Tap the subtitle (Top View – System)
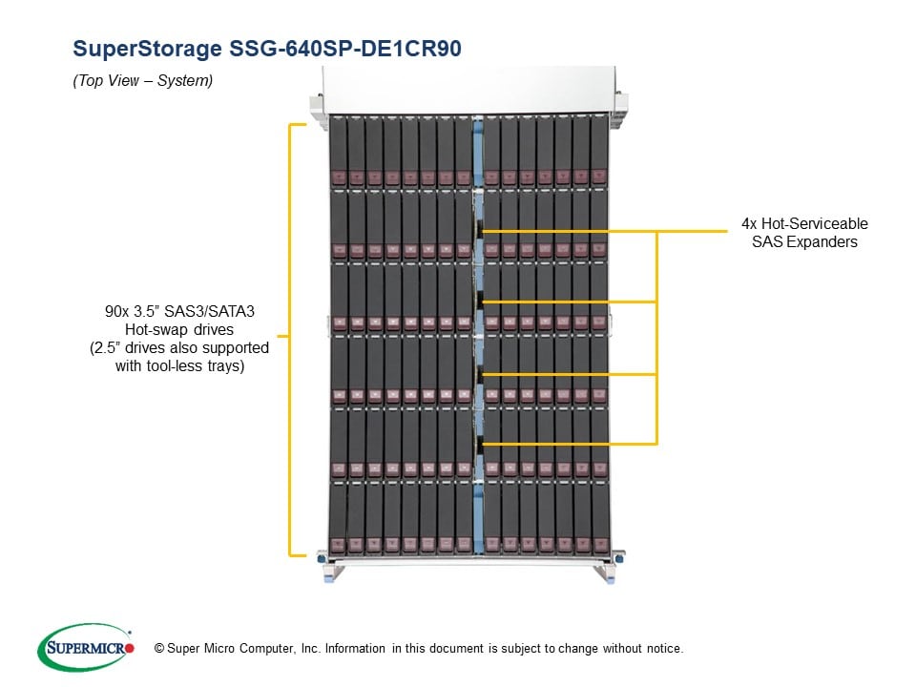pyautogui.click(x=143, y=81)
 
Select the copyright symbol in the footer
pyautogui.click(x=146, y=649)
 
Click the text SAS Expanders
pyautogui.click(x=804, y=242)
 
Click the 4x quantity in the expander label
pyautogui.click(x=750, y=224)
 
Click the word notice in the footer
pyautogui.click(x=662, y=649)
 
